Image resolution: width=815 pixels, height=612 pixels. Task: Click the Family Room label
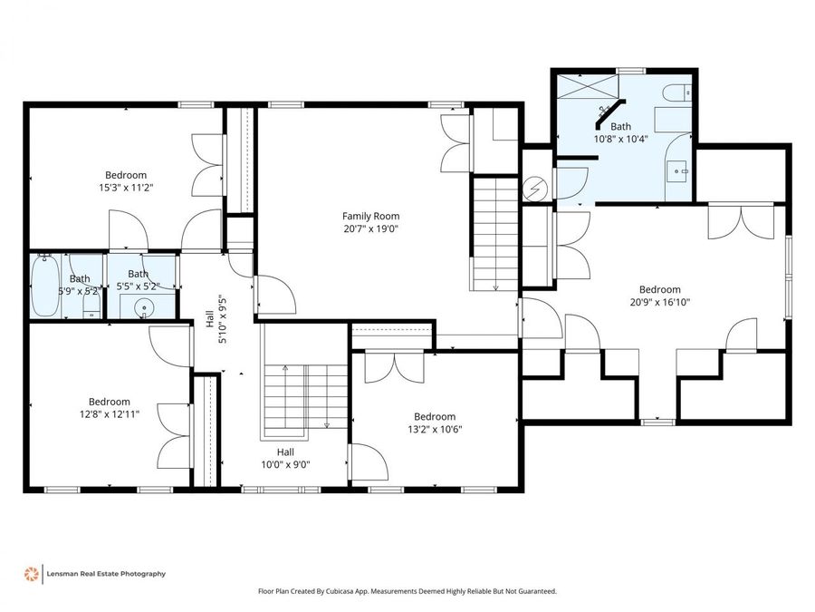370,216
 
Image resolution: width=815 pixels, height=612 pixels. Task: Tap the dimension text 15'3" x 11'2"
126,188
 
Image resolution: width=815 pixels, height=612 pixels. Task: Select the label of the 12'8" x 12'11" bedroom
109,402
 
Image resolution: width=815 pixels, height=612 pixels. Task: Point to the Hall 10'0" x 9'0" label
285,458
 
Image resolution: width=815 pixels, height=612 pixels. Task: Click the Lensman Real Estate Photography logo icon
31,573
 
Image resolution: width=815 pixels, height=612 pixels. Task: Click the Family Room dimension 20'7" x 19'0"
370,228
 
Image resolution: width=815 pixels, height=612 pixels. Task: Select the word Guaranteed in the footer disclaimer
535,591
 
